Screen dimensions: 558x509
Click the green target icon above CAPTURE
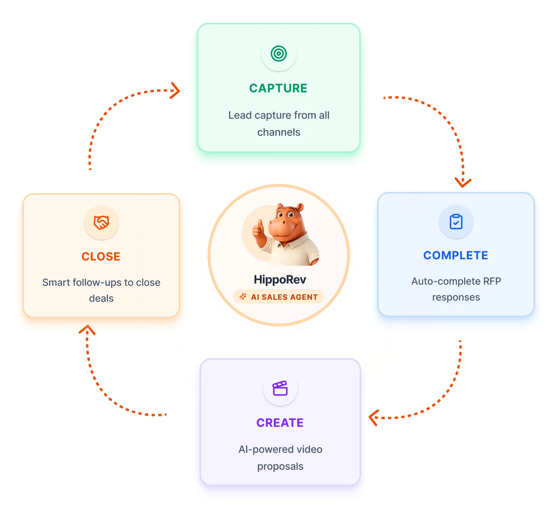click(x=279, y=54)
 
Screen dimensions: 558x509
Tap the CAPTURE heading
click(x=278, y=88)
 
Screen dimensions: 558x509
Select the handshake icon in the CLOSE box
click(x=101, y=222)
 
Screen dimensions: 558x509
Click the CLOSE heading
click(x=101, y=256)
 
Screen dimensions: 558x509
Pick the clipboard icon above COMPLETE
click(x=456, y=222)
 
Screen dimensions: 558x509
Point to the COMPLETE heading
click(x=455, y=255)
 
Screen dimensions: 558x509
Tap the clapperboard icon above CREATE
click(x=280, y=388)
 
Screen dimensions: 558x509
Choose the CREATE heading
click(x=280, y=423)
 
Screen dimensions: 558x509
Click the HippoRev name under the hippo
click(x=280, y=279)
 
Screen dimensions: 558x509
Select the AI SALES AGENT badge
click(x=279, y=297)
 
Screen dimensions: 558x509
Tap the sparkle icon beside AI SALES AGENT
click(x=243, y=297)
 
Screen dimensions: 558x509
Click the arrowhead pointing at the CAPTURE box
click(x=175, y=91)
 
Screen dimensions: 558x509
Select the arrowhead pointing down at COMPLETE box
click(x=463, y=182)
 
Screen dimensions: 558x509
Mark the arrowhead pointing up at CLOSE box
click(x=87, y=330)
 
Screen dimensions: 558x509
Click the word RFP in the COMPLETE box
click(x=492, y=281)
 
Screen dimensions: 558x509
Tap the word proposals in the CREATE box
click(x=280, y=467)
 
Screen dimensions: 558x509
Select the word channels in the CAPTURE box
click(x=279, y=132)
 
